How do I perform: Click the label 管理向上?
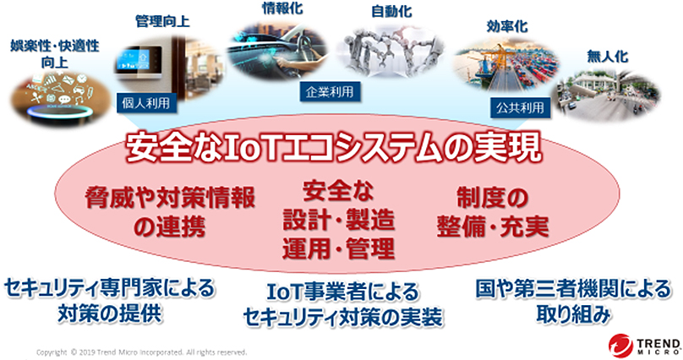(162, 21)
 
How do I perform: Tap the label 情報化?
(282, 8)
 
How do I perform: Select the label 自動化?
(391, 12)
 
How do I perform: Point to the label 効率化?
(507, 26)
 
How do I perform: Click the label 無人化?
(607, 56)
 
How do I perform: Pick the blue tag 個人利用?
(146, 103)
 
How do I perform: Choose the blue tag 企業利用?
(330, 92)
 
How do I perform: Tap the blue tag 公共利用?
(520, 107)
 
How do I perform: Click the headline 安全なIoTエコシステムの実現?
(334, 148)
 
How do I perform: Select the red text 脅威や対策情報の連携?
(170, 211)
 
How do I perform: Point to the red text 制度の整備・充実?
(493, 212)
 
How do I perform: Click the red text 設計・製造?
(338, 220)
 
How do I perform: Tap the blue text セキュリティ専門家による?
(109, 288)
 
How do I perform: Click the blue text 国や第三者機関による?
(573, 289)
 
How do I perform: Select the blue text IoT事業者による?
(343, 292)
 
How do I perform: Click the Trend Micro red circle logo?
(620, 346)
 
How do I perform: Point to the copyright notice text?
(141, 352)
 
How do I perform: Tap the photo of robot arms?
(391, 52)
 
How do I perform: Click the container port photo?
(505, 64)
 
